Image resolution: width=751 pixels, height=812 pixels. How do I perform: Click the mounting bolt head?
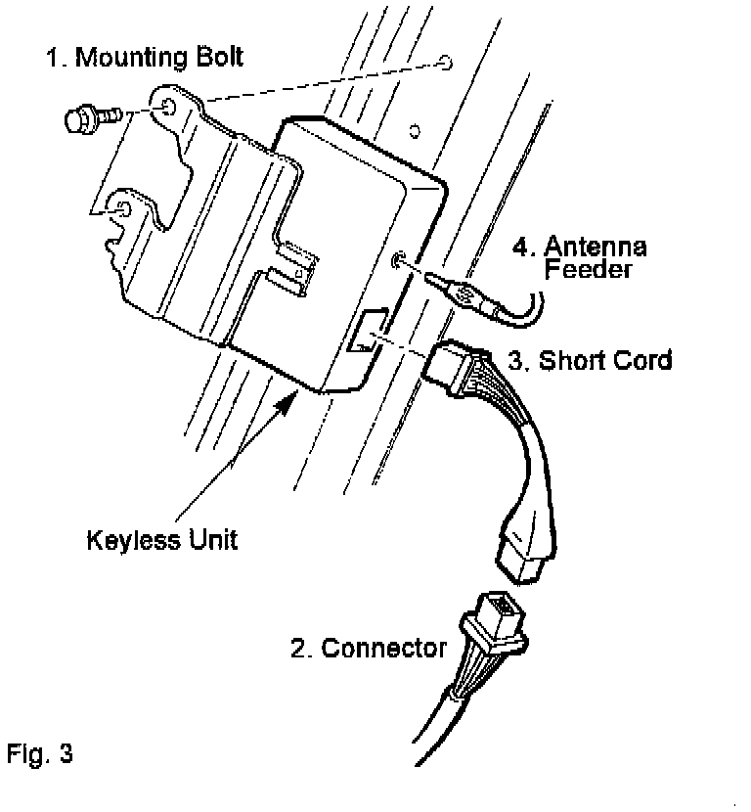click(x=77, y=119)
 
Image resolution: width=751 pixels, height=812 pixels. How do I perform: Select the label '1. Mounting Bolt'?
click(x=145, y=57)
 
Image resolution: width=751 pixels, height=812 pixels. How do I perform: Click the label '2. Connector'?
click(x=369, y=647)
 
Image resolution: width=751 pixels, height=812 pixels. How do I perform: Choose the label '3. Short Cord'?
click(x=590, y=360)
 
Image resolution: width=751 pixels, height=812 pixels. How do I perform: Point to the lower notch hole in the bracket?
click(x=123, y=210)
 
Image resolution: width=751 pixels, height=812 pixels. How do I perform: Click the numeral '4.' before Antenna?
click(x=523, y=245)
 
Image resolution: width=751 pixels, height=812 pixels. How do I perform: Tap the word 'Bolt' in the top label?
click(x=217, y=57)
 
